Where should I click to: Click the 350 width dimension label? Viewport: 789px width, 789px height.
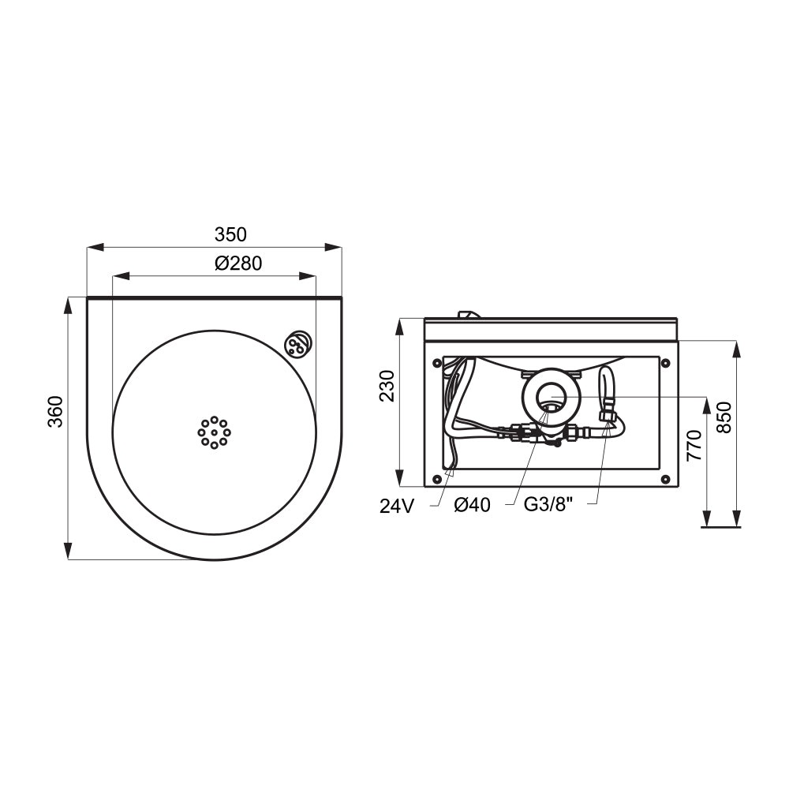230,234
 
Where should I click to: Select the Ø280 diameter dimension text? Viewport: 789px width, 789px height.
238,264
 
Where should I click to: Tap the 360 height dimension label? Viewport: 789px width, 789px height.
55,412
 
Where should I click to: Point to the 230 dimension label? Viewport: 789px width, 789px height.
387,386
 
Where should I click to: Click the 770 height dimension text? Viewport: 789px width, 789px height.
694,445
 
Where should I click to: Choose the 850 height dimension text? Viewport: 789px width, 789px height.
724,417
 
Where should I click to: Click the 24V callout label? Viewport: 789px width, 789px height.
397,507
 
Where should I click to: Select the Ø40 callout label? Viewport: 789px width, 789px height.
472,505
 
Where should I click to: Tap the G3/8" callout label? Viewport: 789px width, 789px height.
548,504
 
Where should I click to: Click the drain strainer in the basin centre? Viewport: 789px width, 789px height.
215,432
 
